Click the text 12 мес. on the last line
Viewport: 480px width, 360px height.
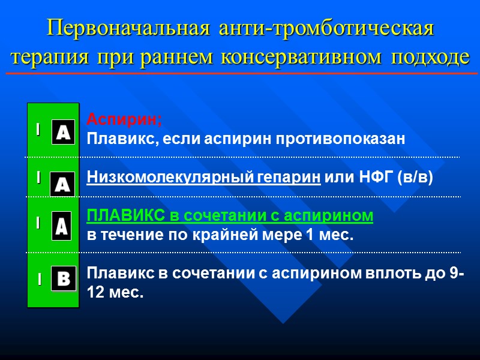[115, 293]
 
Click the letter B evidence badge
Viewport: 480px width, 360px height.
[63, 278]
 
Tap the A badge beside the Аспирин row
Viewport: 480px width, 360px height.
[62, 131]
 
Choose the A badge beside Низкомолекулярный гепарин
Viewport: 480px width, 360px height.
[62, 184]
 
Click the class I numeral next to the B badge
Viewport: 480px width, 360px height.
[38, 280]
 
